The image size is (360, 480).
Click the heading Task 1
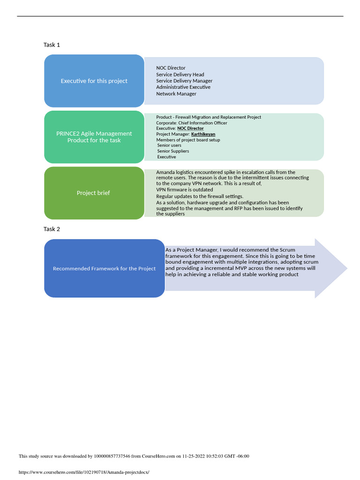52,45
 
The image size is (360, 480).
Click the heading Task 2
52,229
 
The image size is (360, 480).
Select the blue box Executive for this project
94,81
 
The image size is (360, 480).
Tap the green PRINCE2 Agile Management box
94,137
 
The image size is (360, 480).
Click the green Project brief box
94,193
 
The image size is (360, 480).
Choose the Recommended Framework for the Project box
104,269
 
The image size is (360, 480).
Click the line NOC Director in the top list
171,68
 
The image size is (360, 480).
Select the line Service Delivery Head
180,75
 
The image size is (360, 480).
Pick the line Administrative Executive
183,87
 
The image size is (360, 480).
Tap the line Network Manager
176,94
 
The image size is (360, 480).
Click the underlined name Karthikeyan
203,134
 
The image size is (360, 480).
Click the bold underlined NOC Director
190,128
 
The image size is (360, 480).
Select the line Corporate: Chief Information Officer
191,123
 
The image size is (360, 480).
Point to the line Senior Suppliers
173,151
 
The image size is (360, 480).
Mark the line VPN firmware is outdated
184,190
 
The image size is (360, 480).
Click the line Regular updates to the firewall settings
200,196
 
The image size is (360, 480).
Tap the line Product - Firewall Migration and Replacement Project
209,117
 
